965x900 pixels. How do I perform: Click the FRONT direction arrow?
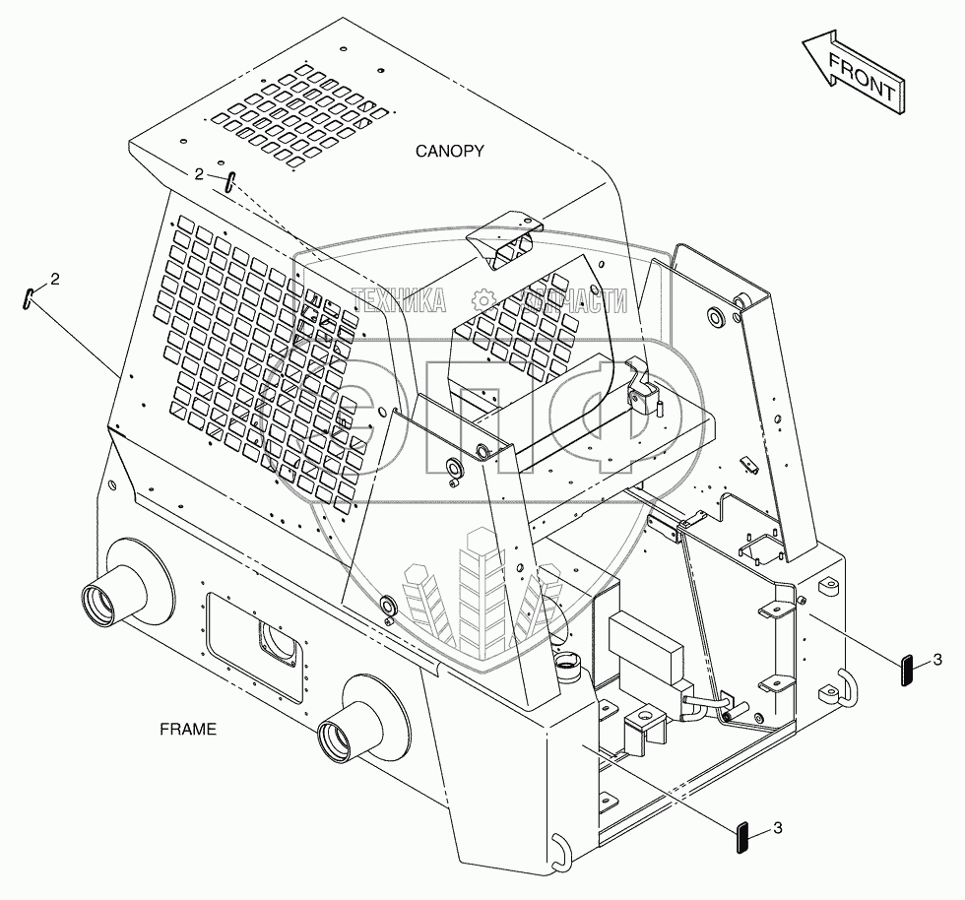852,73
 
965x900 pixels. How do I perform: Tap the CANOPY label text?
449,151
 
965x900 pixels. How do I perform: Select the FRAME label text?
187,730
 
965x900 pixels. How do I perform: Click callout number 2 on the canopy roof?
199,173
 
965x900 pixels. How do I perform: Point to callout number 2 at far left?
54,279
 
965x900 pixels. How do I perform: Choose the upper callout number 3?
938,658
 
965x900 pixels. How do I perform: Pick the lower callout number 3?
778,829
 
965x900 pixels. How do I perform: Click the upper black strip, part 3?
907,669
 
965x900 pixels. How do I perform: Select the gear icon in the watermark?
483,300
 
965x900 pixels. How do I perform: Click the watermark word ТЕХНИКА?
400,301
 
